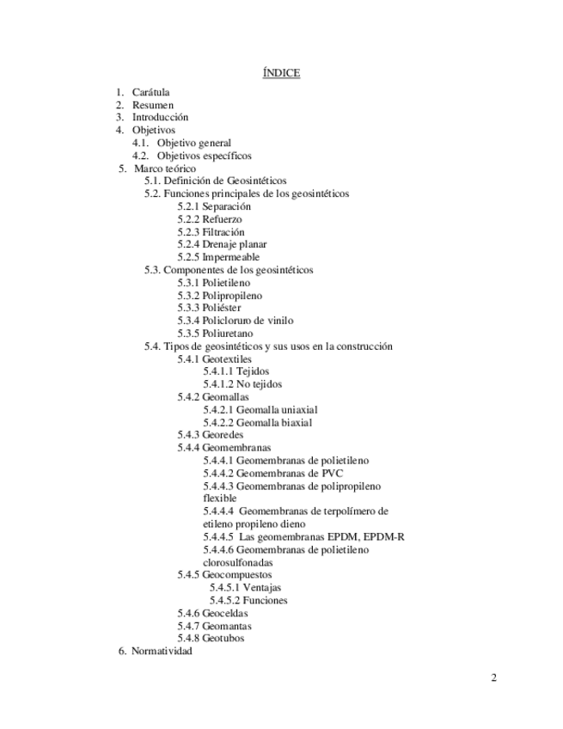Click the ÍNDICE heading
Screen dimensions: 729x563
pos(281,73)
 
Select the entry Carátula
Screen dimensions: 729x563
pos(150,92)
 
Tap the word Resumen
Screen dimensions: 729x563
pos(153,105)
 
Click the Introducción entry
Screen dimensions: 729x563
pos(160,117)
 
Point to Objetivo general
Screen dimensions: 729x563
pos(193,143)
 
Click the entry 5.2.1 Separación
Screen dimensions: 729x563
pos(214,207)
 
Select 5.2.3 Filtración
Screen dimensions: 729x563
pos(211,232)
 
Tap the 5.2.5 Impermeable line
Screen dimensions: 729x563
pos(218,257)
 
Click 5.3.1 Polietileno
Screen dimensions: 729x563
pos(216,283)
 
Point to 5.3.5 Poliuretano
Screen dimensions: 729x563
pos(216,334)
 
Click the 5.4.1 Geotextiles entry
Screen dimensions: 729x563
pos(215,358)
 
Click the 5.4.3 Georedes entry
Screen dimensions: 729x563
pos(211,435)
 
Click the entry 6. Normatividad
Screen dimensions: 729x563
pos(156,652)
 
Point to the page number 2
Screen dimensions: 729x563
pos(493,678)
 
